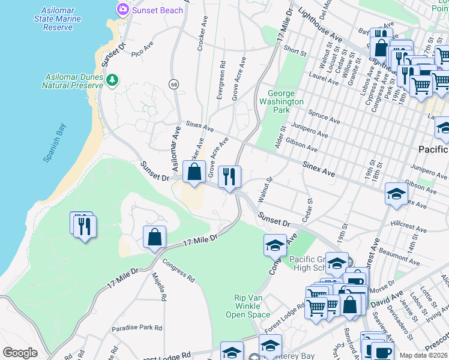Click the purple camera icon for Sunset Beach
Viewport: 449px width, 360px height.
coord(123,10)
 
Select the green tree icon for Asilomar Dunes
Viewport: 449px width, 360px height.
coord(112,80)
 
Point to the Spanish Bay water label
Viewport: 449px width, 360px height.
coord(55,142)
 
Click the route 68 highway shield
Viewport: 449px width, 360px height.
coord(174,83)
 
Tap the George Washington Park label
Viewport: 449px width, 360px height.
coord(285,101)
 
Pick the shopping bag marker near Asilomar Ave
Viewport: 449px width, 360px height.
coord(194,172)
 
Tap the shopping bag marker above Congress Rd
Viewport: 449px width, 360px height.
coord(154,237)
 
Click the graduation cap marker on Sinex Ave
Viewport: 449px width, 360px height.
coord(396,194)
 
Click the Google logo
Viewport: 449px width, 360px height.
coord(20,353)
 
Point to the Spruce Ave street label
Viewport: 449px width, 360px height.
coord(324,116)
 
